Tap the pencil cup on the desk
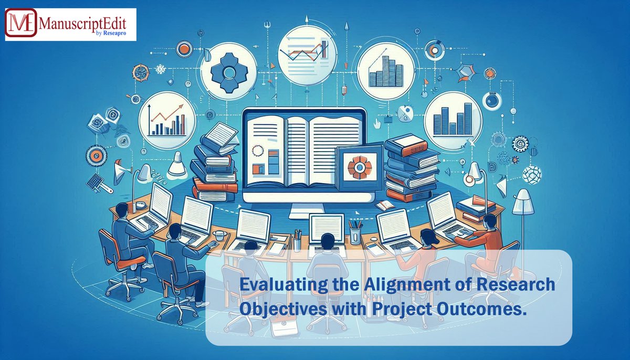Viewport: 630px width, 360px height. click(x=355, y=231)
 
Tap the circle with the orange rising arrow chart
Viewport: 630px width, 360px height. click(x=167, y=120)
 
